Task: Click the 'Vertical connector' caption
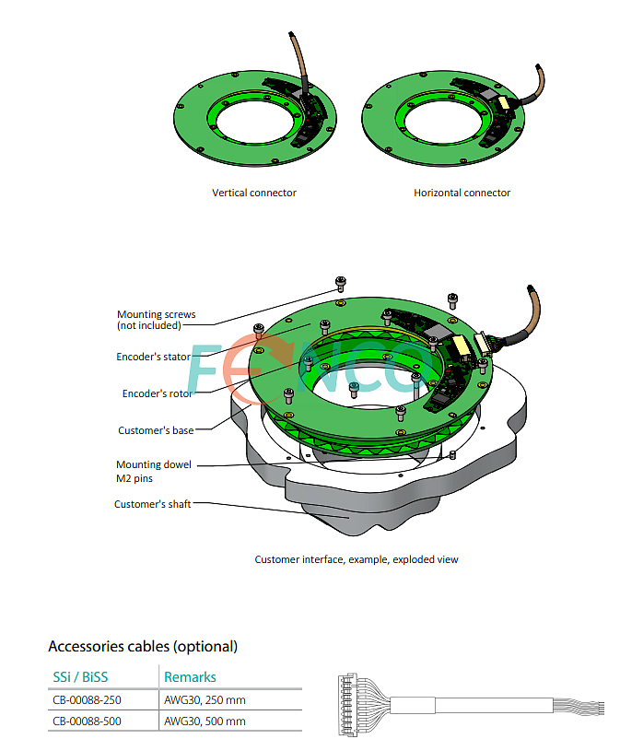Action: point(254,193)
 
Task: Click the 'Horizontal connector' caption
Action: point(462,193)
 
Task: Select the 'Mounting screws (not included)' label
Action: point(156,320)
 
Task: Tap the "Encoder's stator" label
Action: point(153,357)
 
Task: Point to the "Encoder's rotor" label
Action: point(158,393)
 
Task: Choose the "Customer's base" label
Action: point(156,430)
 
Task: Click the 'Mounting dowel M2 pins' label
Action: point(154,471)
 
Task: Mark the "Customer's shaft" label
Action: point(152,504)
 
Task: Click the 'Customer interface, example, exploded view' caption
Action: point(357,559)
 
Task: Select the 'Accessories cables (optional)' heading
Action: point(143,646)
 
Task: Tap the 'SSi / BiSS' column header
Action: point(80,676)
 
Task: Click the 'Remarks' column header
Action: point(190,676)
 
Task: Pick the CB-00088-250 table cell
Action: point(87,700)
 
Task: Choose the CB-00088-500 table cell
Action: point(87,721)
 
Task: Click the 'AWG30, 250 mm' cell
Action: point(205,700)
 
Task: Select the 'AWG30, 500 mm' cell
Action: point(205,721)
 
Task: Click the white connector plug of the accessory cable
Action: point(347,705)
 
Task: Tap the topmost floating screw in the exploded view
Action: point(341,283)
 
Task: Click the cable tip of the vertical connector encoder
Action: point(291,34)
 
